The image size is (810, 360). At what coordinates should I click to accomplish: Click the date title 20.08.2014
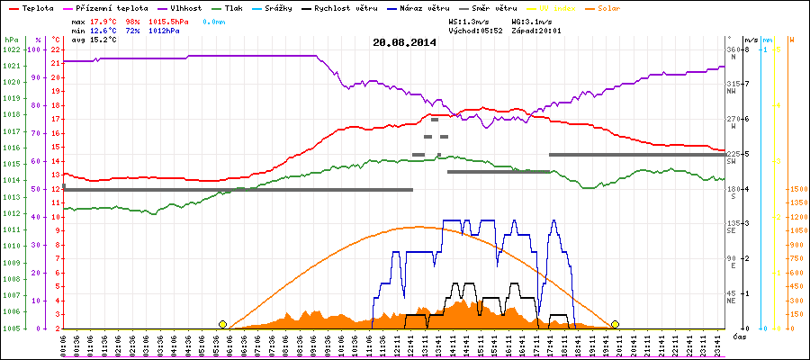(x=404, y=41)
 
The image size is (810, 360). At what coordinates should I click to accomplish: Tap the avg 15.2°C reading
(x=95, y=40)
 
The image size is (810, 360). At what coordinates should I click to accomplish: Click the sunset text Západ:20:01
(x=536, y=31)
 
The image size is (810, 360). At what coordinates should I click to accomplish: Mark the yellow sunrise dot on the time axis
(x=222, y=324)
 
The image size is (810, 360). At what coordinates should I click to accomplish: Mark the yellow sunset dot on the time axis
(x=615, y=324)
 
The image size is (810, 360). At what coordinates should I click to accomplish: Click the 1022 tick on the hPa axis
(x=11, y=49)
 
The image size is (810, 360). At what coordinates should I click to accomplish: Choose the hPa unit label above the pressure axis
(x=11, y=40)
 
